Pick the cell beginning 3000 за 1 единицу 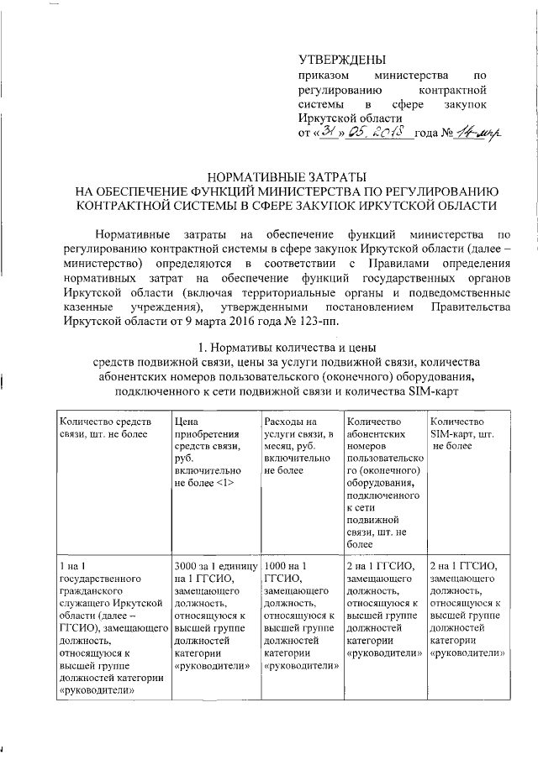(x=213, y=617)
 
